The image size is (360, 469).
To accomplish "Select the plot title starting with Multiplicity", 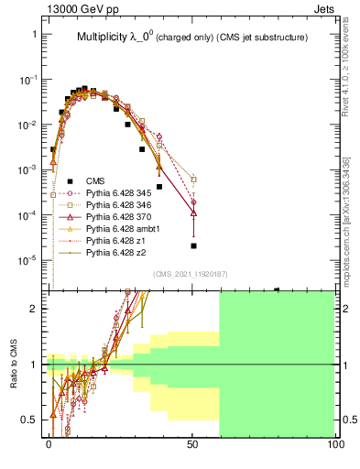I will click(x=191, y=38).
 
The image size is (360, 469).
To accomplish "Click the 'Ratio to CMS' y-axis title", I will click(x=12, y=365).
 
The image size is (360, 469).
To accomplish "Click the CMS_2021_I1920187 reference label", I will click(x=191, y=274).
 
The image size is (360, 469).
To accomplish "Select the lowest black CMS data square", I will click(x=193, y=245).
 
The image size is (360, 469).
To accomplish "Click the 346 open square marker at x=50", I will click(x=193, y=180).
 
